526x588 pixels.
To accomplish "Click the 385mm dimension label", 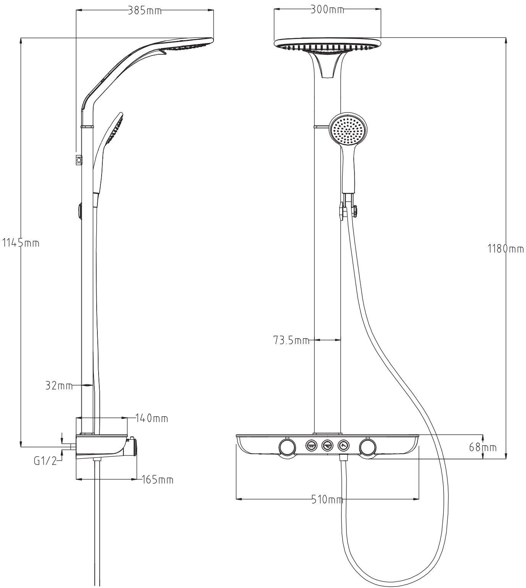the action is (145, 11).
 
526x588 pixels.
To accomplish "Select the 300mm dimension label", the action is (327, 10).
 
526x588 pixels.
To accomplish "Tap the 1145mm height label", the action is (21, 243).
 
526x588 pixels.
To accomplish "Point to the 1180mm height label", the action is (506, 249).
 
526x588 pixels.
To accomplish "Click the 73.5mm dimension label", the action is (291, 340).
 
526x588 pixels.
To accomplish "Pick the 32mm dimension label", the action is (59, 386).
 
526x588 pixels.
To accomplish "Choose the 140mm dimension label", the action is (152, 418).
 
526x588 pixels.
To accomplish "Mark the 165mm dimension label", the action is (158, 480).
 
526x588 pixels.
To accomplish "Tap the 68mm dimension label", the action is (483, 447).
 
